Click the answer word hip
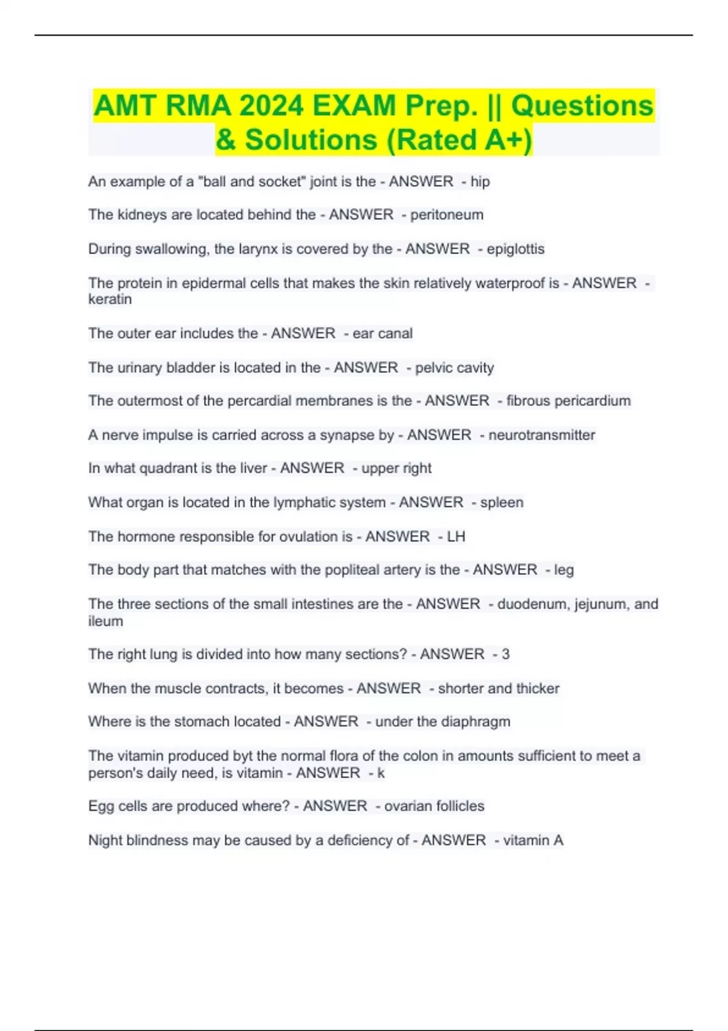tap(480, 181)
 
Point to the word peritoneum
tap(447, 215)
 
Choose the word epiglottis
tap(516, 249)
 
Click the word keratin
tap(110, 300)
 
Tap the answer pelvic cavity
tap(454, 368)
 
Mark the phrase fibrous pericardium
tap(568, 401)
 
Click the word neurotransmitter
tap(542, 435)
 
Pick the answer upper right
tap(396, 468)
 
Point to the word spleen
tap(502, 502)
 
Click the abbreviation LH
tap(456, 536)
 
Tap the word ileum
tap(106, 621)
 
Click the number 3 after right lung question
tap(505, 654)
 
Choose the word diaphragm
tap(476, 722)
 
